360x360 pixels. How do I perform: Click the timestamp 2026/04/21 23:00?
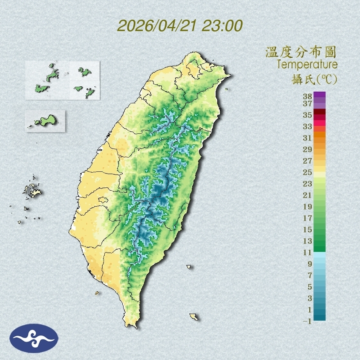point(180,26)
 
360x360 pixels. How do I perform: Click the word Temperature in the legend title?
point(307,65)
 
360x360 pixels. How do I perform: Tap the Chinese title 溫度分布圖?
point(301,52)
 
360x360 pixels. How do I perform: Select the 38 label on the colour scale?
point(308,97)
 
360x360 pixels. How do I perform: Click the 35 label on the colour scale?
point(308,115)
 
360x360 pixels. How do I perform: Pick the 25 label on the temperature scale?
point(308,172)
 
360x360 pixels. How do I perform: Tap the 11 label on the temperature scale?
point(308,252)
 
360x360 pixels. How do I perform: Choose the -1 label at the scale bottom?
point(307,321)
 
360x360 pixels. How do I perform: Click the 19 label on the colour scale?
point(308,207)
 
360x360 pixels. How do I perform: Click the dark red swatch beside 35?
point(320,112)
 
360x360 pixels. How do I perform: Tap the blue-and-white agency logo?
point(34,338)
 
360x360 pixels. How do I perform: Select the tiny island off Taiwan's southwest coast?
point(97,292)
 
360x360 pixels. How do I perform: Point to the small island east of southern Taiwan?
point(189,267)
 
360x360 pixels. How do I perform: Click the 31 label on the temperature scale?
point(308,138)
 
